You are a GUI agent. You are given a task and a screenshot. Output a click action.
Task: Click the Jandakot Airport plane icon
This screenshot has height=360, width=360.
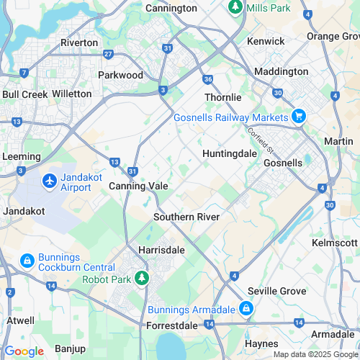[x=50, y=181]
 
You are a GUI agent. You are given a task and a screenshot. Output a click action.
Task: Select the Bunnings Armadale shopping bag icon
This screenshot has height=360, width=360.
[x=246, y=309]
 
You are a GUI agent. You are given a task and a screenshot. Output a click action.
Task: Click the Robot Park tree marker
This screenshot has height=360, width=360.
[x=143, y=278]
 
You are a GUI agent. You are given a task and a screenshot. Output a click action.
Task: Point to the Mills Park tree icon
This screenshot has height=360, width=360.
[x=235, y=7]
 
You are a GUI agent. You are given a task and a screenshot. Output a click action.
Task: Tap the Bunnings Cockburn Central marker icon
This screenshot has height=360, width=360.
[x=27, y=260]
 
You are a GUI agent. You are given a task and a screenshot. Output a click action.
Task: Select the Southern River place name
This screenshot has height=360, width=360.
[x=186, y=217]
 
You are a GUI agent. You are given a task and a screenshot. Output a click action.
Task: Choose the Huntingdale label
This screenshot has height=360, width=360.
[x=229, y=154]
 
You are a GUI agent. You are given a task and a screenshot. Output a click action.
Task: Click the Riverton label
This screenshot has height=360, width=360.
[x=79, y=42]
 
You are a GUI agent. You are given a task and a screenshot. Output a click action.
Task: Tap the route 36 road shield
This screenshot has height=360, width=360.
[x=207, y=79]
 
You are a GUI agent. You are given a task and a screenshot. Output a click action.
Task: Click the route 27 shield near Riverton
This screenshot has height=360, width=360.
[x=108, y=54]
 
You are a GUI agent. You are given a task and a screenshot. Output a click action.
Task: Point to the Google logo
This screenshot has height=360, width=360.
[x=24, y=351]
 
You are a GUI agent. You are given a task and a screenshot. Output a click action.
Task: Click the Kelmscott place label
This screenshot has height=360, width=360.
[x=334, y=243]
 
